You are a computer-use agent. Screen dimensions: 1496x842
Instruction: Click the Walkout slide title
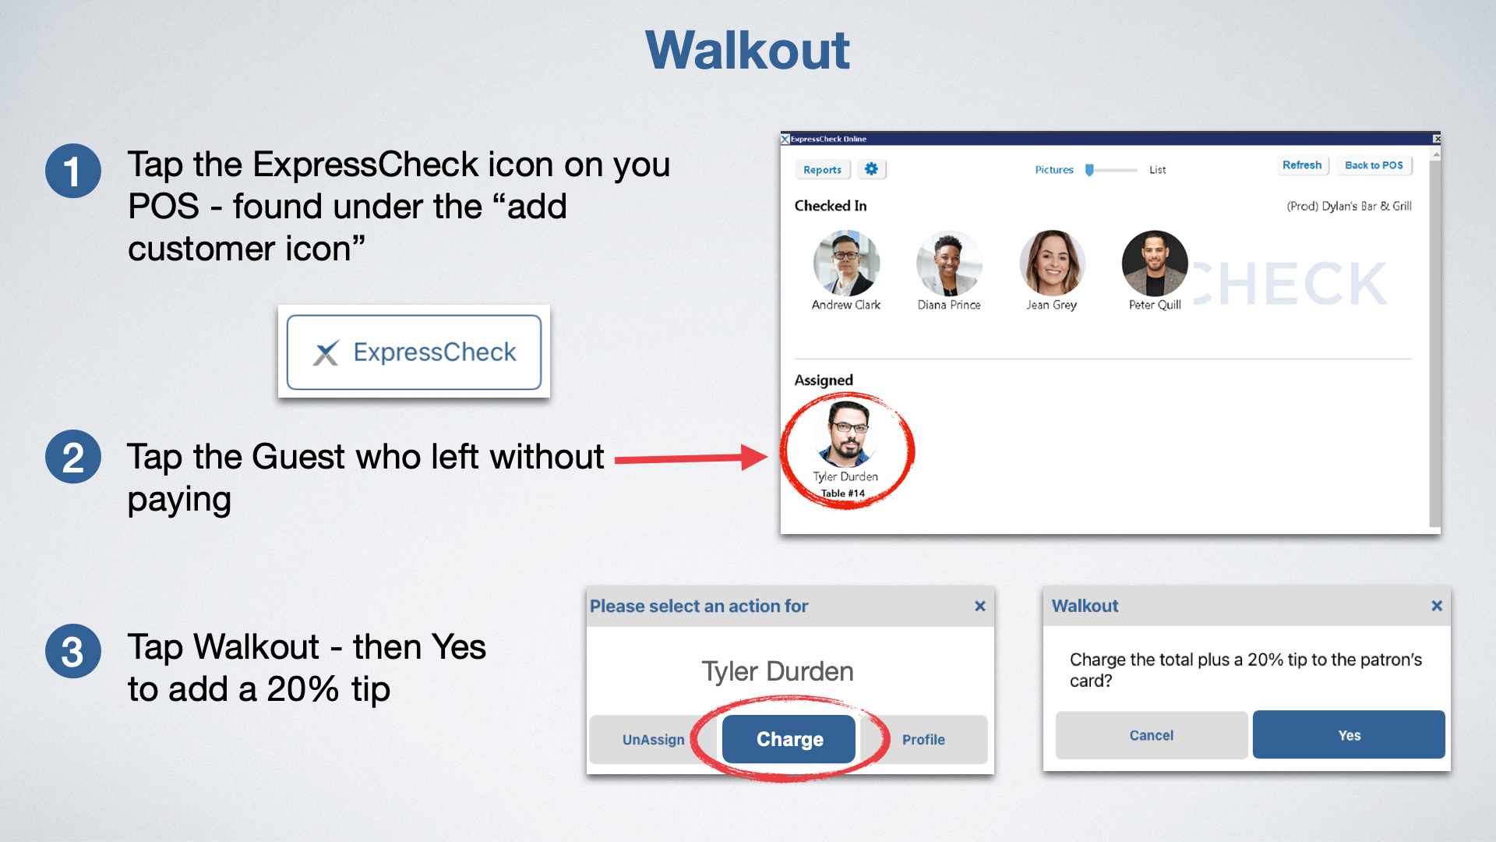(x=747, y=50)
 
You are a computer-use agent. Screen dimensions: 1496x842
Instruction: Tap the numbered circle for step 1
(x=72, y=171)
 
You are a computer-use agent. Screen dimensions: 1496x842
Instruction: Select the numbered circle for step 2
(x=72, y=457)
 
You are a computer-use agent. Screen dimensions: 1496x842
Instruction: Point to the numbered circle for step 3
(x=72, y=651)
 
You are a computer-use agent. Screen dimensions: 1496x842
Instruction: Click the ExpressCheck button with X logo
(x=414, y=352)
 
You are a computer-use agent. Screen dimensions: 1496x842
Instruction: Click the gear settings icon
(x=871, y=169)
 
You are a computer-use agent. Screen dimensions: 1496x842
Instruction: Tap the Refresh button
(x=1302, y=165)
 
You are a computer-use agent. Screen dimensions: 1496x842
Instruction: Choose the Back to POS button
(x=1374, y=165)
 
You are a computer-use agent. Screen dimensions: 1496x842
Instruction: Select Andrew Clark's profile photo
(x=846, y=264)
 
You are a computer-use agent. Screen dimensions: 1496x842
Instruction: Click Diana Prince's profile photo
(x=948, y=264)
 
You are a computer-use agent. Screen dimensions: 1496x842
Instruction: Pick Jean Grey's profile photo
(x=1052, y=264)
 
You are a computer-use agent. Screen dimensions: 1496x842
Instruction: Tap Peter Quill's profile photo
(x=1155, y=264)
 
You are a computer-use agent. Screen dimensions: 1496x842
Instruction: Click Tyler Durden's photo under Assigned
(x=846, y=433)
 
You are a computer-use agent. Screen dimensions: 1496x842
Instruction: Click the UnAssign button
(x=653, y=739)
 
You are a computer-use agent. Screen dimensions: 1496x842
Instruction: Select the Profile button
(x=924, y=739)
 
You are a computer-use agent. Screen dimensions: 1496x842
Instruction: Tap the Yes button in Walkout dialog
(x=1349, y=734)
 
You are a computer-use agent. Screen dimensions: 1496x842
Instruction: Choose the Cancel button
(x=1152, y=734)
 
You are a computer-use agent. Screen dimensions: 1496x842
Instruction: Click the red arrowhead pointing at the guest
(x=754, y=458)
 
